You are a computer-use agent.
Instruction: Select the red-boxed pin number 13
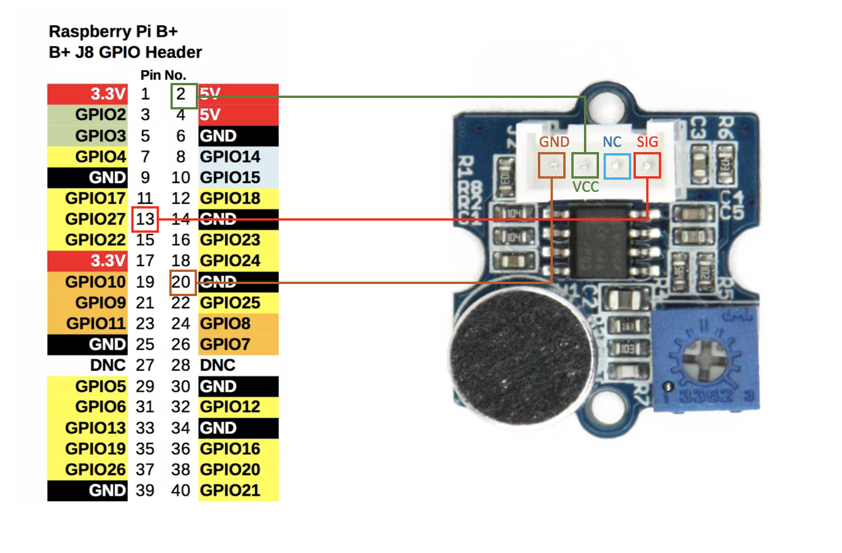point(145,219)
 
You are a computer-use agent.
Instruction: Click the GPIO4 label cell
point(88,157)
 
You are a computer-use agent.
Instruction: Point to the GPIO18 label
point(230,198)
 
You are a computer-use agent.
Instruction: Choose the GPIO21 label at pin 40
point(230,490)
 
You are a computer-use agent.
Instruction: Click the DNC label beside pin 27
point(108,365)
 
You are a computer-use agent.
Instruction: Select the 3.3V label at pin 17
point(88,261)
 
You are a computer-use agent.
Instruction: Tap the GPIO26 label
point(88,469)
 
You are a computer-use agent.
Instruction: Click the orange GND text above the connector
point(554,142)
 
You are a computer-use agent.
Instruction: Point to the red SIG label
point(647,142)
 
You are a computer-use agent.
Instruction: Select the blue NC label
point(612,142)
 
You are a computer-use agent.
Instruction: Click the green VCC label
point(585,187)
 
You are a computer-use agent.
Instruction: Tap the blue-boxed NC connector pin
point(616,166)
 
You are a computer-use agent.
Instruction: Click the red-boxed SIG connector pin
point(647,166)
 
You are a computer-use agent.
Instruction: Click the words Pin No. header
point(163,75)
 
